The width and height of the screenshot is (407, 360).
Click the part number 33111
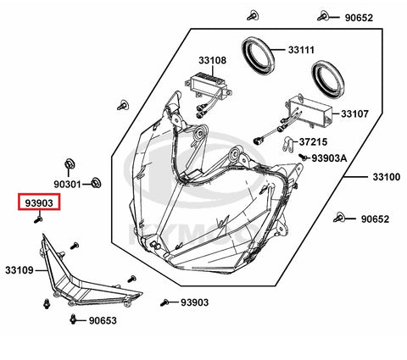tap(301, 50)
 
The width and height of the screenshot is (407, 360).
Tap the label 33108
tap(212, 60)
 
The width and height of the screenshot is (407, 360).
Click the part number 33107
tap(354, 114)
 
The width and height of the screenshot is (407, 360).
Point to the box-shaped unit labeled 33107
tap(309, 111)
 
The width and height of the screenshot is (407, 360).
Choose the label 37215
tap(313, 141)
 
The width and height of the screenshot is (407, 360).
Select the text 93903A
tap(329, 158)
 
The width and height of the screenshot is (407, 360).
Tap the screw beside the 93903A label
tap(304, 157)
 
